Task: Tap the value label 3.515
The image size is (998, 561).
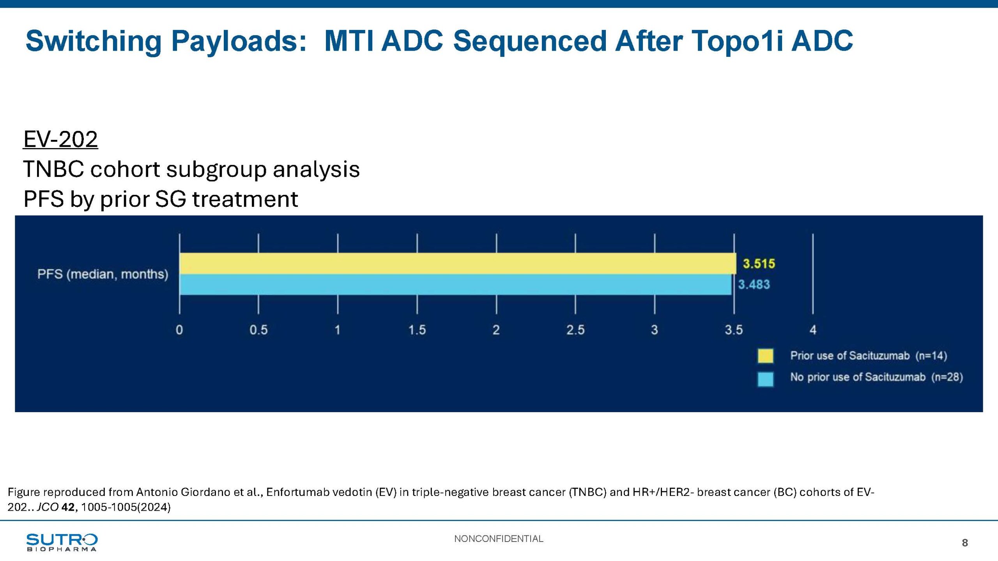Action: coord(759,264)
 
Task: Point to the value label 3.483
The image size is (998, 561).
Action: coord(754,284)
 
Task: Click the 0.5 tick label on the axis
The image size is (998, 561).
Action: coord(258,330)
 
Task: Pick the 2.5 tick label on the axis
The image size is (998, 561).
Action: coord(575,330)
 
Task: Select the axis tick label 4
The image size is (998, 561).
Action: coord(813,330)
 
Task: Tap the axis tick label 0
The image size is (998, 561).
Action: coord(179,330)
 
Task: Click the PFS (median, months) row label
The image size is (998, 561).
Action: coord(103,274)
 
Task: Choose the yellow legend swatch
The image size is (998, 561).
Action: coord(765,356)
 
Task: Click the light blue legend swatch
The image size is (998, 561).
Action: coord(765,379)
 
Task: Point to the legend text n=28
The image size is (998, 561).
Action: coord(947,377)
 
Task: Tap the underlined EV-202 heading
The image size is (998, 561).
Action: coord(60,139)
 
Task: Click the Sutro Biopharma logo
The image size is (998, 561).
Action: coord(62,542)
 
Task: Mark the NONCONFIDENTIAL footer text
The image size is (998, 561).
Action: coord(499,539)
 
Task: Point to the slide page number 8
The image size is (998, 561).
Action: coord(965,543)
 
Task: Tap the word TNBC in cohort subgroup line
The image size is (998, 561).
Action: coord(53,169)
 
